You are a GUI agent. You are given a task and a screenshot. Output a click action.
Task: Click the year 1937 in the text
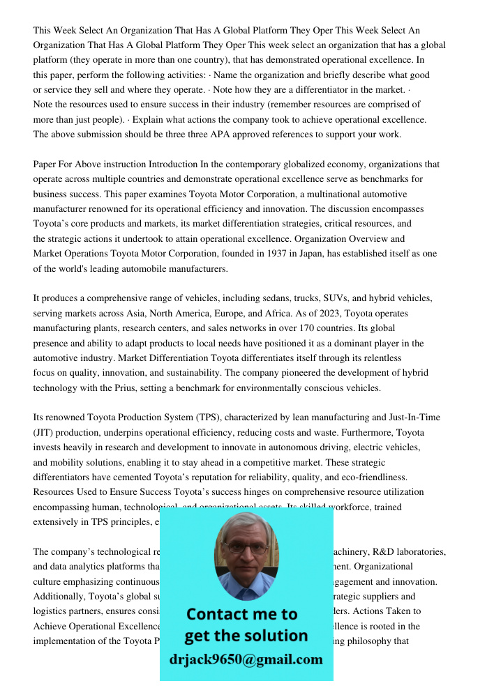point(277,254)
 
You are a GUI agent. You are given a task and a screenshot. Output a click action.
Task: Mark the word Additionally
point(59,596)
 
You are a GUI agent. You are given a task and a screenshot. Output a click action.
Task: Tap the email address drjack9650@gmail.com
point(246,659)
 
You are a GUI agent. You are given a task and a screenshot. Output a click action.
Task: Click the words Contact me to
point(241,614)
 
